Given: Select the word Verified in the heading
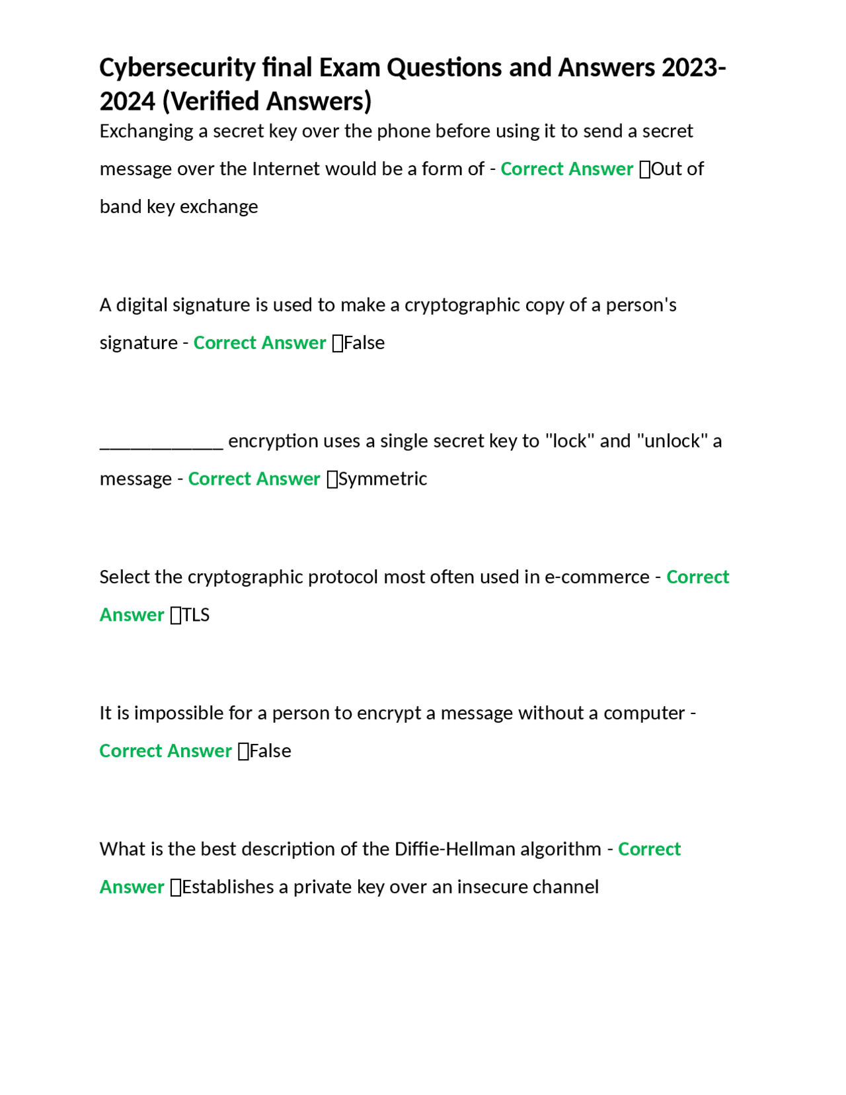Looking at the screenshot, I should [x=215, y=102].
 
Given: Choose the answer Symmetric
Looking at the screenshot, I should [x=383, y=479].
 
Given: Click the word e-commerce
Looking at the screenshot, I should [x=597, y=577].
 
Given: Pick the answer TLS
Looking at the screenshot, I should [x=196, y=615].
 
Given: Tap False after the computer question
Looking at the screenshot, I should [x=270, y=751].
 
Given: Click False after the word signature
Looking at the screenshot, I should [x=364, y=343].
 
